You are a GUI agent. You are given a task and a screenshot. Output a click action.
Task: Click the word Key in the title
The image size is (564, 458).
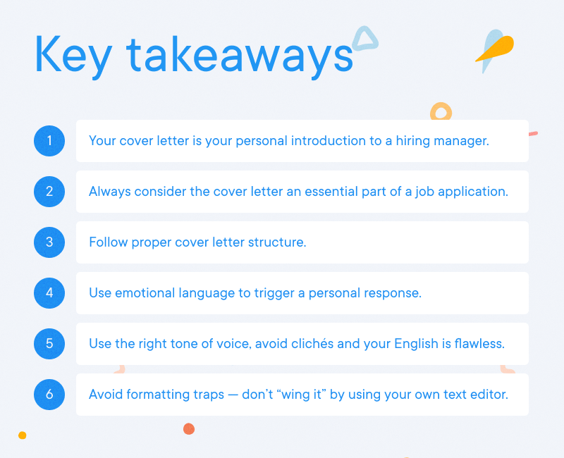[x=70, y=55]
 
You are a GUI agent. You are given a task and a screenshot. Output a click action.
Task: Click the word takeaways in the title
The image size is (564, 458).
[x=239, y=55]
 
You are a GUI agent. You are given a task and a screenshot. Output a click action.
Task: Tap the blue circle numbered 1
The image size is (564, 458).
[x=49, y=141]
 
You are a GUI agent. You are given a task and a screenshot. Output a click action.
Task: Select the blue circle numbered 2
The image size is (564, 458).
[x=49, y=192]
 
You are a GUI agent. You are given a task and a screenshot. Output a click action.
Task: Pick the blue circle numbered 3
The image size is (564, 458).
[x=49, y=242]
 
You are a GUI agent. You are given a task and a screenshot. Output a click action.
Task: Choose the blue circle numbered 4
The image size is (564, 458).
[x=49, y=293]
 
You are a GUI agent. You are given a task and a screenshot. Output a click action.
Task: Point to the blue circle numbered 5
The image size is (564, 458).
[x=49, y=344]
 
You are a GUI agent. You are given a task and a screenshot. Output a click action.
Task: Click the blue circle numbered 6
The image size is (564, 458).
[x=49, y=395]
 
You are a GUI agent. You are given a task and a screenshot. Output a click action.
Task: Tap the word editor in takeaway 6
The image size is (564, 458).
[x=489, y=395]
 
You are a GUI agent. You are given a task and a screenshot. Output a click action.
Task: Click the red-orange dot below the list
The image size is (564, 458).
[x=188, y=428]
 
